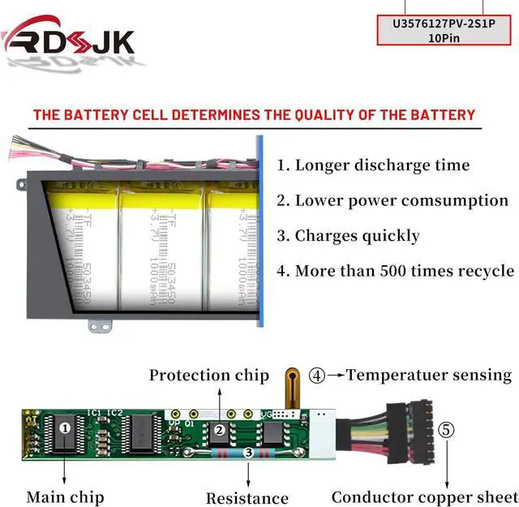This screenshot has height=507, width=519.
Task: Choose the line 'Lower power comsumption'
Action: point(392,200)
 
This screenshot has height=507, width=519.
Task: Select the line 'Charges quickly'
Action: point(348,236)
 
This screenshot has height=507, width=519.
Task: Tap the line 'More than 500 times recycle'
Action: point(395,271)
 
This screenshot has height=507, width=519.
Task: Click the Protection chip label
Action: point(208,375)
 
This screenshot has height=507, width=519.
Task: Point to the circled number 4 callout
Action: point(317,376)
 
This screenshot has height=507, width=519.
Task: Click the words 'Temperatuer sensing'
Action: point(429,376)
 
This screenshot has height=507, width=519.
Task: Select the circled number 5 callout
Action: point(447,429)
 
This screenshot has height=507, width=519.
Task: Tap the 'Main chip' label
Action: point(65,496)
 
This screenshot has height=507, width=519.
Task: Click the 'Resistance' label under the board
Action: point(247,498)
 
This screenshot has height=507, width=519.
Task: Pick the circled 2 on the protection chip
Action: point(218,431)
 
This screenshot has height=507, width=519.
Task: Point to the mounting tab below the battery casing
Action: point(100,325)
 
